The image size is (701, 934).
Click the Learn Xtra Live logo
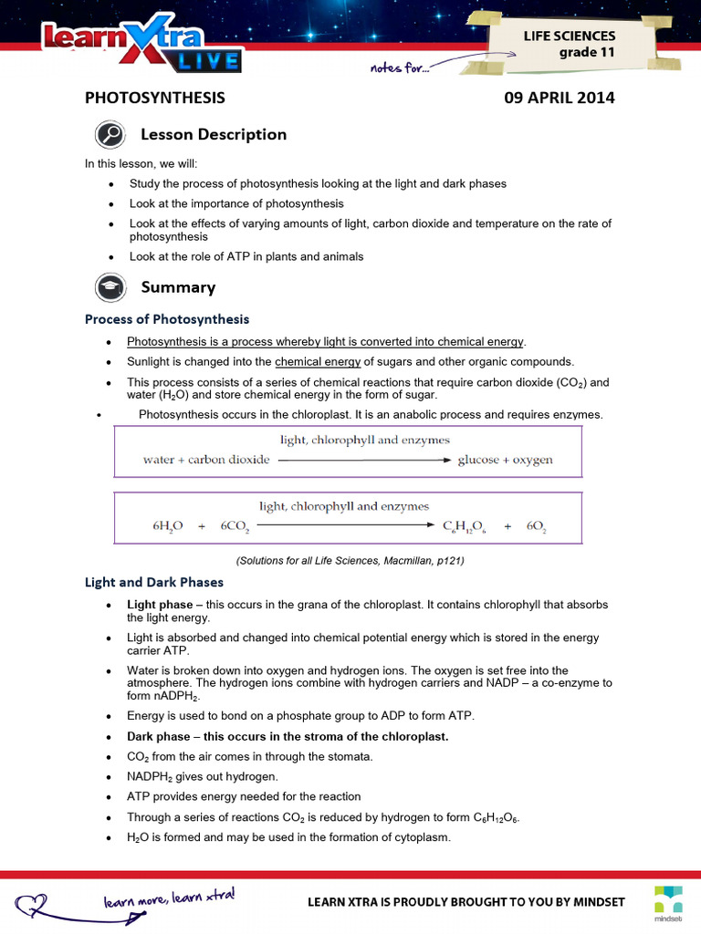click(x=141, y=47)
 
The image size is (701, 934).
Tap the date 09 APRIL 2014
click(x=559, y=98)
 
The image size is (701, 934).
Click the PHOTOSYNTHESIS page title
click(x=154, y=98)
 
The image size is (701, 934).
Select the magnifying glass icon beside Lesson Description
click(x=110, y=135)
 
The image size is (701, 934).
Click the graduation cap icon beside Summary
click(x=110, y=288)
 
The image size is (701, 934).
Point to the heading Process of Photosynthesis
click(x=167, y=319)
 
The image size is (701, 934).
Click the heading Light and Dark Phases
click(x=154, y=582)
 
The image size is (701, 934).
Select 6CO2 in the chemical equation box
click(x=235, y=527)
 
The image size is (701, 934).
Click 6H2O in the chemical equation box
click(x=168, y=527)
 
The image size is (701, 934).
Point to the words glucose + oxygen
click(x=505, y=460)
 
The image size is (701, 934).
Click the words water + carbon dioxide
click(x=206, y=460)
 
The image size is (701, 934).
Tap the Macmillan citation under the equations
click(x=350, y=561)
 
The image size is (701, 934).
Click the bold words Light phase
click(x=159, y=605)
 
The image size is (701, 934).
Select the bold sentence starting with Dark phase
click(x=288, y=737)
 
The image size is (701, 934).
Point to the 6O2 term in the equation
click(x=535, y=527)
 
